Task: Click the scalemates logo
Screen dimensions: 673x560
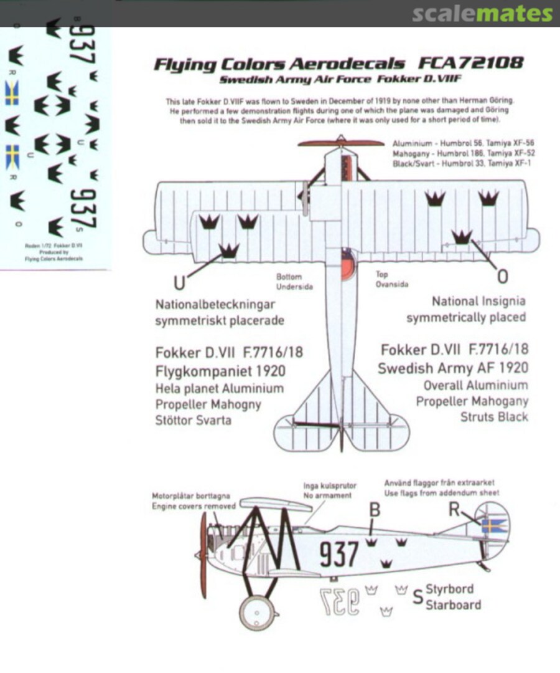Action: tap(482, 14)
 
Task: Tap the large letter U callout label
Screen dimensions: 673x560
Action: tap(179, 283)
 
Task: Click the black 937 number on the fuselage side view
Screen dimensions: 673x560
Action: tap(339, 554)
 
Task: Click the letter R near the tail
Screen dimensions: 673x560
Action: tap(454, 510)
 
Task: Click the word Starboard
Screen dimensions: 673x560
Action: tap(453, 604)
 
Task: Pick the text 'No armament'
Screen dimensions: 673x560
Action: tap(327, 495)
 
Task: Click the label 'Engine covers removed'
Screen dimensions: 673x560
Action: tap(194, 506)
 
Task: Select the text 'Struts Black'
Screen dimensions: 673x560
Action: tap(493, 417)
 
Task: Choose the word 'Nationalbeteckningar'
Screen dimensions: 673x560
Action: tap(215, 304)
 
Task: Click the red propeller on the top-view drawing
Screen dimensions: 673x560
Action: tap(340, 143)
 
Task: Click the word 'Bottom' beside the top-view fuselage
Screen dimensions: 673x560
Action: tap(289, 277)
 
